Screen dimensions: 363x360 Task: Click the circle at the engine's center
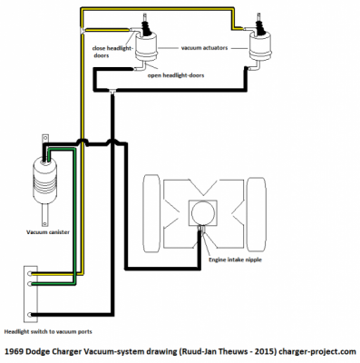(201, 212)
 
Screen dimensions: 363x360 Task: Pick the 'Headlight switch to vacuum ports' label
(54, 333)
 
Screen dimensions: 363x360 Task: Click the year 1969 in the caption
(15, 350)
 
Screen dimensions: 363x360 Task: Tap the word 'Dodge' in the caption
(46, 350)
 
